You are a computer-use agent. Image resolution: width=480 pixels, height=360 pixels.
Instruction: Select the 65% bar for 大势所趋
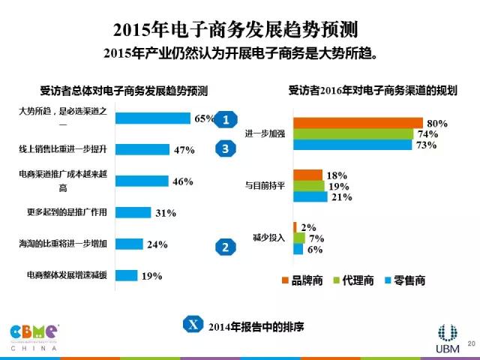154,118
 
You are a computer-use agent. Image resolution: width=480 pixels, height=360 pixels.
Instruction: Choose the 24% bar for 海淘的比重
130,244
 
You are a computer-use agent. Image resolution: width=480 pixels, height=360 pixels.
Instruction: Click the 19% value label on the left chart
152,276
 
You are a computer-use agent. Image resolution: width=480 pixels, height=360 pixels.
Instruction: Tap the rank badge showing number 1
226,119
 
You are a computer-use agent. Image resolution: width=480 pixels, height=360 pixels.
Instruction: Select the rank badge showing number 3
226,148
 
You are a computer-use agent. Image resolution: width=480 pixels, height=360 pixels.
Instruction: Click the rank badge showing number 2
225,246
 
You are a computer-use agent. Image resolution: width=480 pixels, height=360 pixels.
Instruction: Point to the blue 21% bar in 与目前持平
310,197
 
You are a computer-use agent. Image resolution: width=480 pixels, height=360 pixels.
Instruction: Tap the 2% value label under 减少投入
308,227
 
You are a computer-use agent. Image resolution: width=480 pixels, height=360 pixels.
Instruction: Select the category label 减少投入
265,238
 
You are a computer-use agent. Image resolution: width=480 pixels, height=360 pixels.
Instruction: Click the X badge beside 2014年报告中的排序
193,325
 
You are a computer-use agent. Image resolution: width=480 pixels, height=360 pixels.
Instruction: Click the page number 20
471,343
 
